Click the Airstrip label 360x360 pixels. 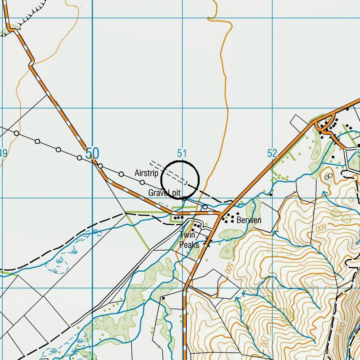coord(146,173)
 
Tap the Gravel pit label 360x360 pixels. coord(164,193)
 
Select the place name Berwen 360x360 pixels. coord(249,220)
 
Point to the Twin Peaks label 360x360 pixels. coord(189,240)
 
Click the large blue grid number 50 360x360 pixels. coord(92,154)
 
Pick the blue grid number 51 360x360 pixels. coord(182,154)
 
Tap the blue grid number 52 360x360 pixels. coord(272,154)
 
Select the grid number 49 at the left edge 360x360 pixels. coord(3,154)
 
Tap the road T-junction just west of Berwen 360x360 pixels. coord(221,215)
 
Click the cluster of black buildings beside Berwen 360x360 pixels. coord(230,218)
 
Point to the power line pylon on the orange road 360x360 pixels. coord(100,166)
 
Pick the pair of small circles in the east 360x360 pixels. coord(328,176)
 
